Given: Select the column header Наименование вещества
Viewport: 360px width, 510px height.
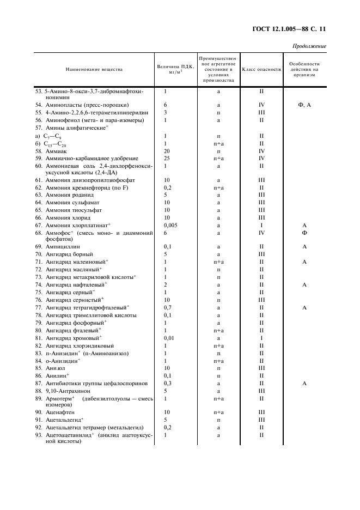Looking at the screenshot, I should (x=94, y=69).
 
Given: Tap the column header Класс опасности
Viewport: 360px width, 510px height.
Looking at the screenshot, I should (x=261, y=69).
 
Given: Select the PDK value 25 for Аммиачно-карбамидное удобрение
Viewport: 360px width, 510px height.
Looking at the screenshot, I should (x=166, y=157).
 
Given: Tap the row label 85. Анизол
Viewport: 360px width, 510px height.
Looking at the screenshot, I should (x=52, y=368).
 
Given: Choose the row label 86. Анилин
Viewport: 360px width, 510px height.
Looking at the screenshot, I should (x=53, y=375).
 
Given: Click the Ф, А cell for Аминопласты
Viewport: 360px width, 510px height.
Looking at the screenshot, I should (x=304, y=104).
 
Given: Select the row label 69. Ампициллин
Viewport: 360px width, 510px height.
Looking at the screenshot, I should (x=59, y=247).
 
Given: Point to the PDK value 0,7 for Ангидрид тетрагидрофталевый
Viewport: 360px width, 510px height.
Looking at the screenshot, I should (x=167, y=307).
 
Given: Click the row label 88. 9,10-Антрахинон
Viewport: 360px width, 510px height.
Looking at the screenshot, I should (x=64, y=391).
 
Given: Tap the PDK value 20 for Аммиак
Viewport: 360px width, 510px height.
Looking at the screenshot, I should (x=166, y=150).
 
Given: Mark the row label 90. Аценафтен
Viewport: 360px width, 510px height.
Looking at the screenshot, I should (x=58, y=412).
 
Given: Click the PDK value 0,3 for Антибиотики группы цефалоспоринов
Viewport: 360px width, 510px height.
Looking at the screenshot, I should (x=167, y=383).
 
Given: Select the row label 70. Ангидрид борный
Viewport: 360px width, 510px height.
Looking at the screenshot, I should (x=62, y=254).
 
